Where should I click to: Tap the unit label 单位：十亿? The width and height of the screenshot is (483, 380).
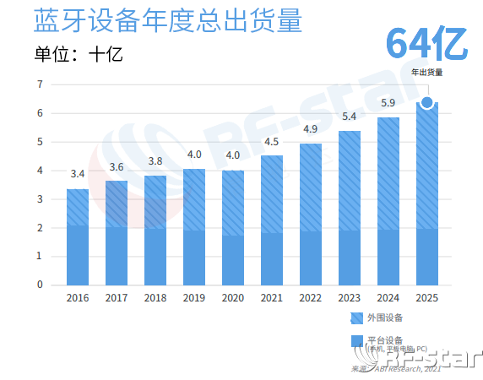pos(79,55)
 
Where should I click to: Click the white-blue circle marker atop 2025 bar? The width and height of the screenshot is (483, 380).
pos(427,103)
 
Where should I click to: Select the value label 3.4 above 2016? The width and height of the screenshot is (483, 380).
pos(77,174)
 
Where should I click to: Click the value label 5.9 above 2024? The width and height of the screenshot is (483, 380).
pos(388,103)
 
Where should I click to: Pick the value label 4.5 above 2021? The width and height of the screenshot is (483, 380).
pos(271,142)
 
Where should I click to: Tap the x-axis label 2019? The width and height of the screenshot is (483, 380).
pos(193,298)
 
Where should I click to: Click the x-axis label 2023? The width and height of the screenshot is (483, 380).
pos(349,298)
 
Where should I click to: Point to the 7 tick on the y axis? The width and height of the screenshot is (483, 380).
pos(40,84)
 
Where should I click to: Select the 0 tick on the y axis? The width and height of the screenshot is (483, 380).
pos(40,285)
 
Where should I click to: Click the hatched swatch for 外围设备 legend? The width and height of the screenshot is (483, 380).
pos(356,318)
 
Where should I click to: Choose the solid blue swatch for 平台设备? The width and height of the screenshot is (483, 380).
pos(356,342)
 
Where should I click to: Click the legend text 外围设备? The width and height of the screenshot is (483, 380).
pos(385,318)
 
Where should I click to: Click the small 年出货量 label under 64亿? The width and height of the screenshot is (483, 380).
pos(427,72)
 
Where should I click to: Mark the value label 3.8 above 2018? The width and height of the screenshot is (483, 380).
pos(155,161)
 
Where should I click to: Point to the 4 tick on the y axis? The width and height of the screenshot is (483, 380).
pos(40,171)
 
